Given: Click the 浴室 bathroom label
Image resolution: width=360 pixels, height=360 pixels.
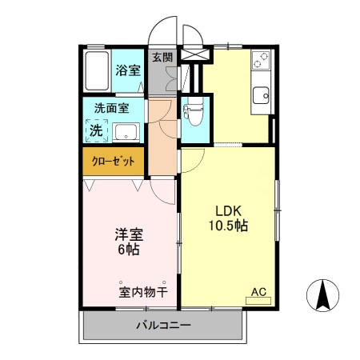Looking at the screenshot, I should (x=127, y=70).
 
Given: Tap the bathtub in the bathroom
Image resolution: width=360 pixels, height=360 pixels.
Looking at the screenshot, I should (x=98, y=71).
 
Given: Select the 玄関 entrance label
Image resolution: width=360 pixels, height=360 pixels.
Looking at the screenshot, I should (x=162, y=58).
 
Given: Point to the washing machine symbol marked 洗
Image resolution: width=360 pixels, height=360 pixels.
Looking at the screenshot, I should (x=96, y=130).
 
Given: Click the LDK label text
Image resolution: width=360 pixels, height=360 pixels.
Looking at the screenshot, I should (x=228, y=211).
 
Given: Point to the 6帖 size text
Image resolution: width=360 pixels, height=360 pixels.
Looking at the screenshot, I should (x=128, y=250).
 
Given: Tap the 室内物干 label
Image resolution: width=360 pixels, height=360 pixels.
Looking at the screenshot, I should (x=143, y=291).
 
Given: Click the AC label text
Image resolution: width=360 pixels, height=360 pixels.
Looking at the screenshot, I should (x=259, y=291).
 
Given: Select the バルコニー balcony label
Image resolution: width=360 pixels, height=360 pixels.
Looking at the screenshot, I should (x=162, y=326).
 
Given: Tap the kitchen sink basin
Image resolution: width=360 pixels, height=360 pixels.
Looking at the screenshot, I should (x=262, y=96).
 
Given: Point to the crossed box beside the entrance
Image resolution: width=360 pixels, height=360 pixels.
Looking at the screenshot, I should (x=194, y=55).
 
